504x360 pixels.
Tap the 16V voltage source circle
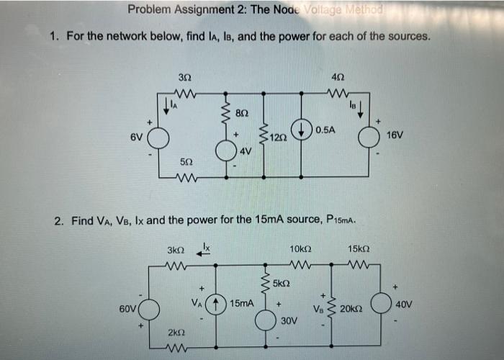370,135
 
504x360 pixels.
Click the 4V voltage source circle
227,150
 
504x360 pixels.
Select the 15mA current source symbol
216,304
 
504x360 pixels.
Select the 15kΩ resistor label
358,249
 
